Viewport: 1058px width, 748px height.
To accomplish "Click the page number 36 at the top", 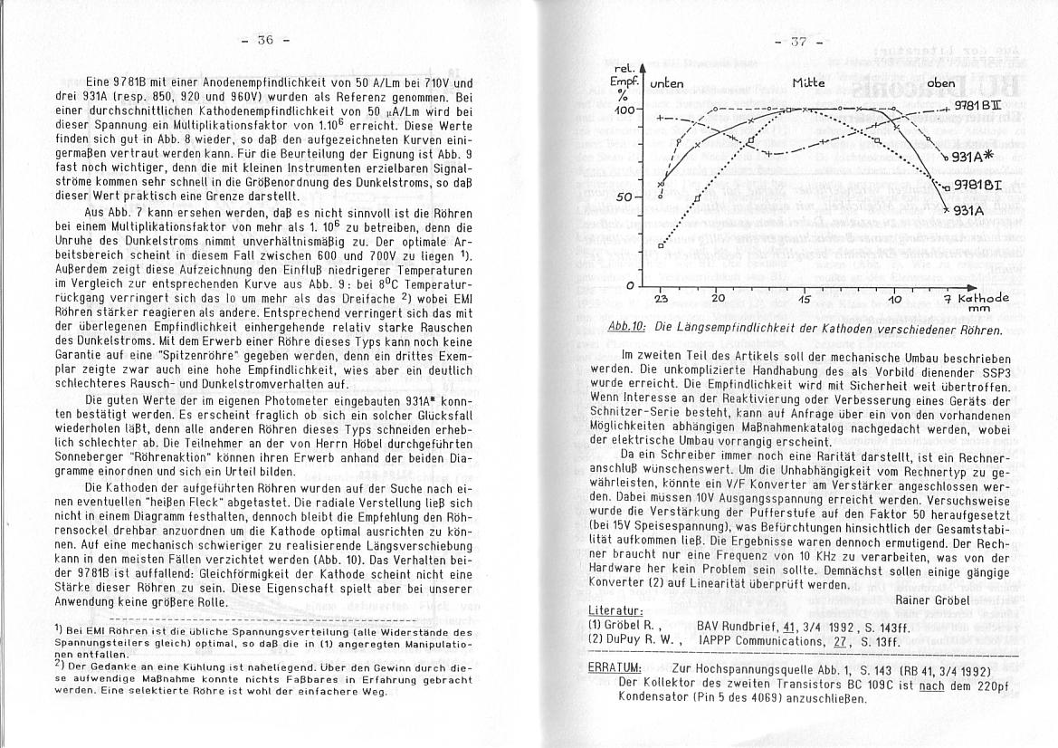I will point(264,40).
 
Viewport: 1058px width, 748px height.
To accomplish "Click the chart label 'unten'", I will point(667,84).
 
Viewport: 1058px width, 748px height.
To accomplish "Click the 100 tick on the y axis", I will point(626,110).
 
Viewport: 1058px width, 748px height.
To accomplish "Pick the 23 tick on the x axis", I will point(662,298).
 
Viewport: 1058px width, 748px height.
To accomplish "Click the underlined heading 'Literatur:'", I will point(615,611).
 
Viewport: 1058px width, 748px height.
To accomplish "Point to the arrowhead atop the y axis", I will point(642,67).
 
